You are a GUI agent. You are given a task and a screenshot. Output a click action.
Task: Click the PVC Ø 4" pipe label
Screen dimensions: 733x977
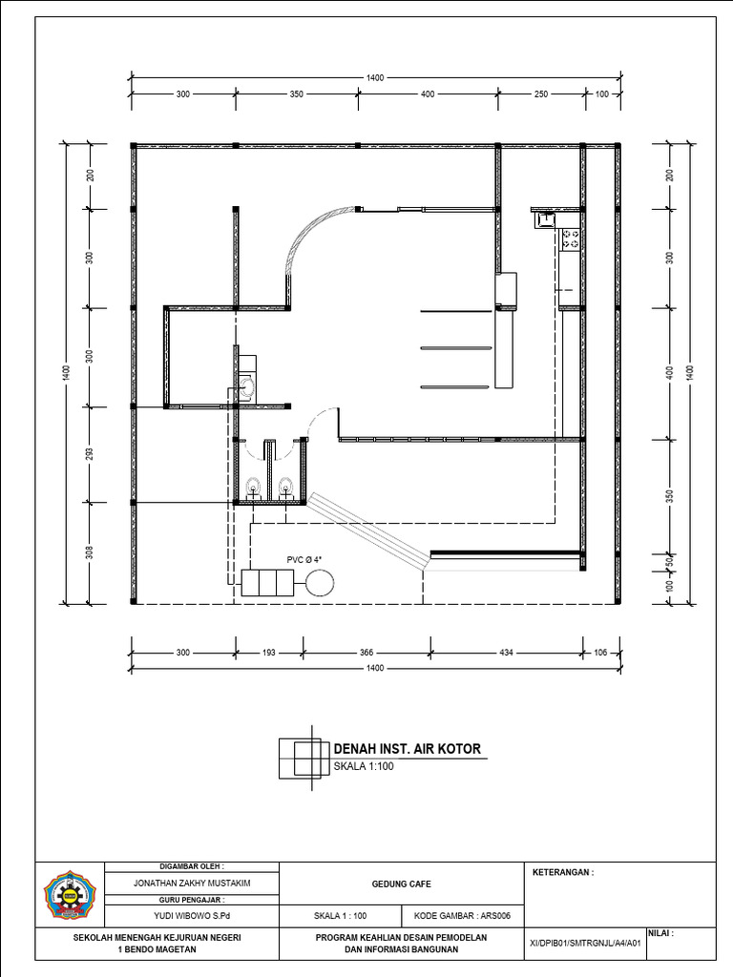[x=304, y=560]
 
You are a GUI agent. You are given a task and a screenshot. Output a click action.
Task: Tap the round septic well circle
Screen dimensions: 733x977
[x=320, y=583]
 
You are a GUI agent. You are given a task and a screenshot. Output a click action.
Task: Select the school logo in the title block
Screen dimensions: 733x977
[x=69, y=895]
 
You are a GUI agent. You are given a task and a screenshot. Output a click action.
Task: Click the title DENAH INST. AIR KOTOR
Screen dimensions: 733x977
[x=407, y=748]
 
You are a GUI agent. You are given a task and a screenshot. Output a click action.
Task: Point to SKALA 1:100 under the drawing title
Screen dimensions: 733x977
[x=364, y=766]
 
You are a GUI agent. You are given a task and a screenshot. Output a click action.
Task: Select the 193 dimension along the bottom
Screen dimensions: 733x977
[x=268, y=653]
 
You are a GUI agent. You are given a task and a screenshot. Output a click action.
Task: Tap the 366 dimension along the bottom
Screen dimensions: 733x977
[x=366, y=653]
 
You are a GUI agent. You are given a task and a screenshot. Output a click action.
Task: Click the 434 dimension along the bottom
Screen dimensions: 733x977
[x=506, y=653]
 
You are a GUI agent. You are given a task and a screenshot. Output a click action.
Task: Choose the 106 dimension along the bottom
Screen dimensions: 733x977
[x=600, y=653]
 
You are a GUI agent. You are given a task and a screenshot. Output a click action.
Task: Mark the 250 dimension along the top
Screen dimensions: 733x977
[x=540, y=94]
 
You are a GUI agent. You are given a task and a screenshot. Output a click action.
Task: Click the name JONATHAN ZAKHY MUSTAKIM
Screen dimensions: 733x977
[x=192, y=883]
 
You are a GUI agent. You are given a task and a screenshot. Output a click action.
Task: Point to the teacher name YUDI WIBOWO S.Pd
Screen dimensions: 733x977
[x=192, y=916]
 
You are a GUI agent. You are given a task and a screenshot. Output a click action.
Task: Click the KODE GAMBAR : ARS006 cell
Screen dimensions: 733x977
[x=462, y=916]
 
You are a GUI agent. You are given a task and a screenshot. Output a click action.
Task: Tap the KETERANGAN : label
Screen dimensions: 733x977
[x=563, y=872]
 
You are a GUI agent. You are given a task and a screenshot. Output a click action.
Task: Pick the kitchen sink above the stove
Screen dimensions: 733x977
[x=547, y=220]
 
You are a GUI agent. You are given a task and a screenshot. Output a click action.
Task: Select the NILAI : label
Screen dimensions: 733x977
[x=661, y=934]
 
